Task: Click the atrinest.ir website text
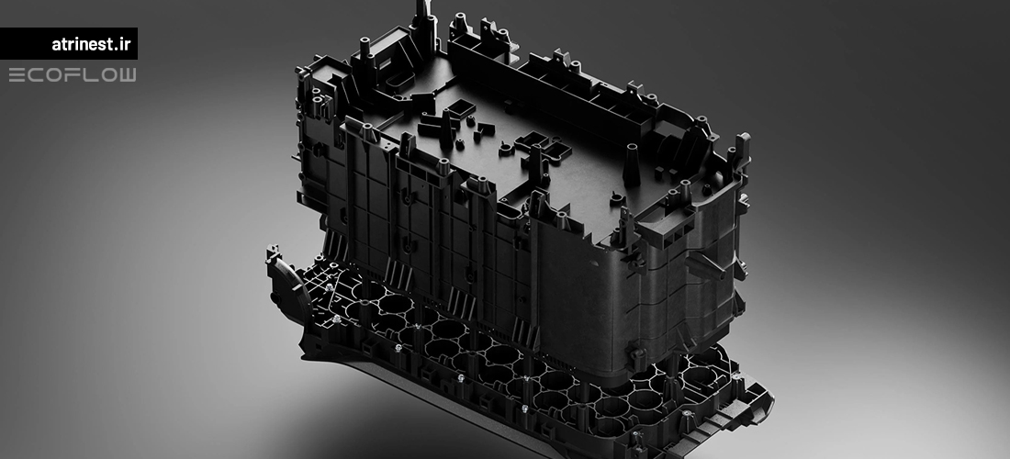[91, 44]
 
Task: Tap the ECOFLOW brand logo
[73, 75]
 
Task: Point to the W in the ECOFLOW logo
[127, 75]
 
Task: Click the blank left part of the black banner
[25, 43]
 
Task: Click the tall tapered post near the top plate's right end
[632, 165]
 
